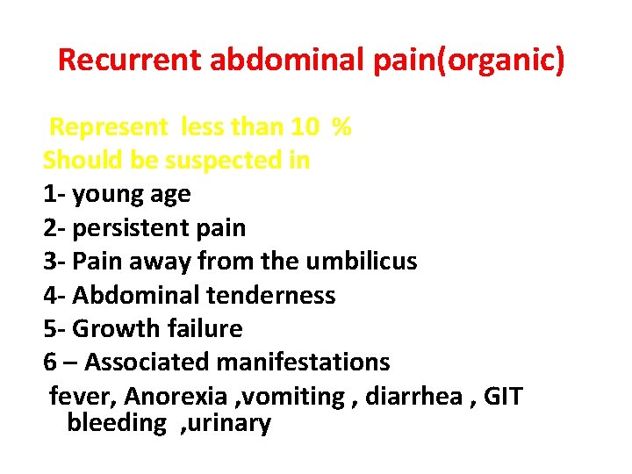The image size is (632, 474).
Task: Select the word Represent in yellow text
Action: (x=108, y=127)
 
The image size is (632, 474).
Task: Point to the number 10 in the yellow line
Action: (x=305, y=127)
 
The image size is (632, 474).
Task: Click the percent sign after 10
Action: (x=342, y=127)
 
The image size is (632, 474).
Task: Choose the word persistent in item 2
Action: (x=135, y=228)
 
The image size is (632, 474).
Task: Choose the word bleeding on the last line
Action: (x=116, y=423)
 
